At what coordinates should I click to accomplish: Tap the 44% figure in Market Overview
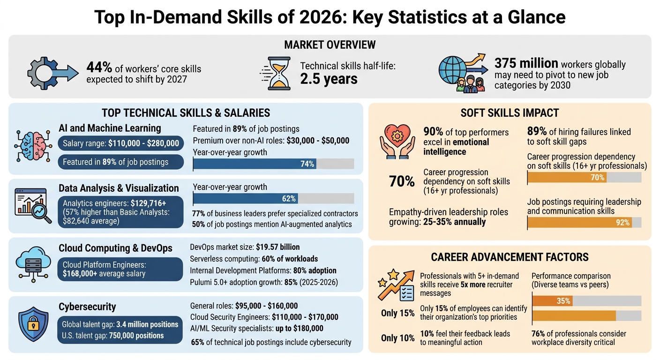(x=98, y=68)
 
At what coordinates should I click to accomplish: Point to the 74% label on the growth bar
(x=307, y=164)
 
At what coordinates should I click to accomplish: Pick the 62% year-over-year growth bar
(x=246, y=199)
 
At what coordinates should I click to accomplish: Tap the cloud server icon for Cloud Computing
(x=33, y=263)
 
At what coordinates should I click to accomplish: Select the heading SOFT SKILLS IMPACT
(x=510, y=113)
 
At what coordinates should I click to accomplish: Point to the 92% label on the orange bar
(x=622, y=223)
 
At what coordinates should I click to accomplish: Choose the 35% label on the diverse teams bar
(x=563, y=301)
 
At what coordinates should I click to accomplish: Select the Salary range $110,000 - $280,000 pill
(x=121, y=143)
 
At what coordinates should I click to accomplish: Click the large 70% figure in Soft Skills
(x=402, y=181)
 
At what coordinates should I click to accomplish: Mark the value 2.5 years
(x=329, y=79)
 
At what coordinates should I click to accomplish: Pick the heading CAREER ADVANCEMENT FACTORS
(x=510, y=257)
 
